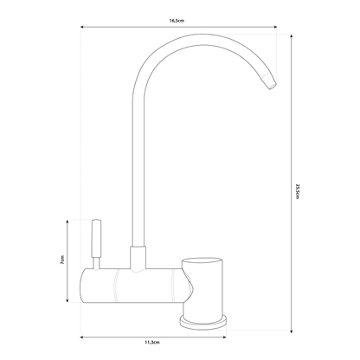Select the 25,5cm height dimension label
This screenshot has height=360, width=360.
click(x=297, y=189)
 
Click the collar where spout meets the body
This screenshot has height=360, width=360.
click(x=138, y=257)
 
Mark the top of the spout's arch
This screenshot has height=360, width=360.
click(x=186, y=42)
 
